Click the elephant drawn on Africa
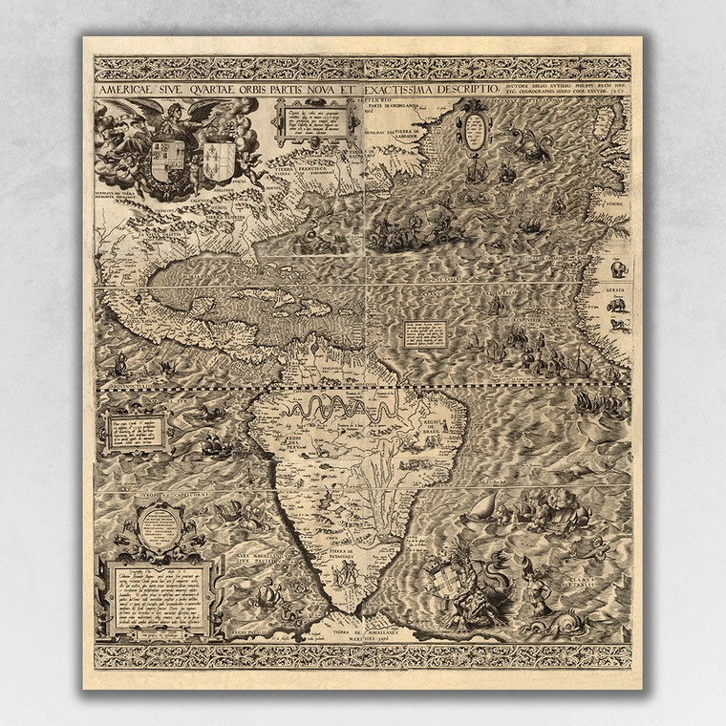[618, 269]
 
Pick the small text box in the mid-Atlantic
[426, 333]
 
